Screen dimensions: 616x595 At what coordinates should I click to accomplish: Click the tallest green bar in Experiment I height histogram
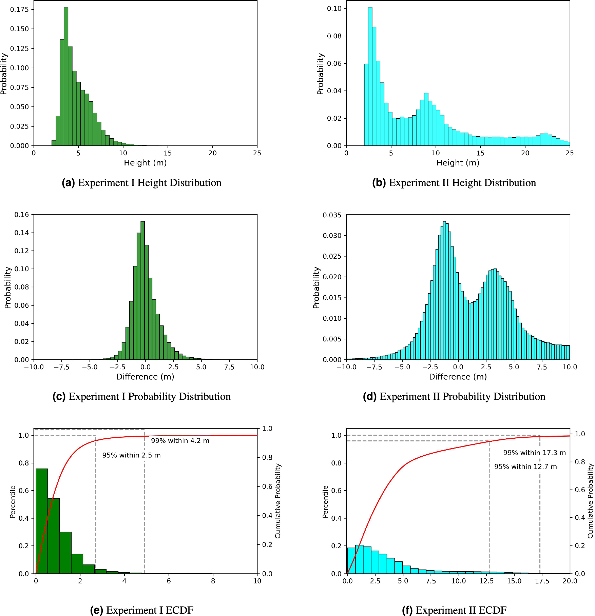tap(66, 76)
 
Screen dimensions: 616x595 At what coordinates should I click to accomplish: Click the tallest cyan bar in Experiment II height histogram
tap(370, 76)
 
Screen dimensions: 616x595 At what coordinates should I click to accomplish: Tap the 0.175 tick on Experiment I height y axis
tap(19, 9)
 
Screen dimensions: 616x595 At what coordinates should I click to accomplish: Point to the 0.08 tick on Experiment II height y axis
tap(334, 36)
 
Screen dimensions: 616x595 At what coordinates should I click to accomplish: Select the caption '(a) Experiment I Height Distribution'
tap(141, 183)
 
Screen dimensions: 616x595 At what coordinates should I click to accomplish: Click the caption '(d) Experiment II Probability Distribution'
tap(454, 396)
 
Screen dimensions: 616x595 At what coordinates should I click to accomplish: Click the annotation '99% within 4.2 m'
tap(180, 441)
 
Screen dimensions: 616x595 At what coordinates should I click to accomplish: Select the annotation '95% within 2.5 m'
tap(132, 455)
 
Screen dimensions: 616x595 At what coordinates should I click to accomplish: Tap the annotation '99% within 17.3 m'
tap(534, 453)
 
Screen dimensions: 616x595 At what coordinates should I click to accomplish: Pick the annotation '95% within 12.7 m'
tap(525, 467)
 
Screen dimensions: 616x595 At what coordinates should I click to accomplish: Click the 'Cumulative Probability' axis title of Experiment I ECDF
tap(278, 501)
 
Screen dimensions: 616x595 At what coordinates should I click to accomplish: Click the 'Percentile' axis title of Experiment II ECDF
tap(325, 502)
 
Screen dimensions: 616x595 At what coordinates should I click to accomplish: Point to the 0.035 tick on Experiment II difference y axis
tap(332, 215)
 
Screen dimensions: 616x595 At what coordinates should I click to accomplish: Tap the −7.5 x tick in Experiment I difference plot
tap(61, 367)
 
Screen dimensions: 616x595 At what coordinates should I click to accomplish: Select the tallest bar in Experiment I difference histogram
tap(143, 290)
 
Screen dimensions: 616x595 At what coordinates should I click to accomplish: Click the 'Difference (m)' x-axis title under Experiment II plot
tap(458, 377)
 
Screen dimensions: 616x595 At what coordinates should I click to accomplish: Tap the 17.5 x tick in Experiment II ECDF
tap(542, 581)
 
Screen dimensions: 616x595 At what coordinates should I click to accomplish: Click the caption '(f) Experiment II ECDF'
tap(454, 610)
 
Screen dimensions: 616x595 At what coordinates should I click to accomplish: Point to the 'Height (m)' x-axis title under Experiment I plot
tap(145, 163)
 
